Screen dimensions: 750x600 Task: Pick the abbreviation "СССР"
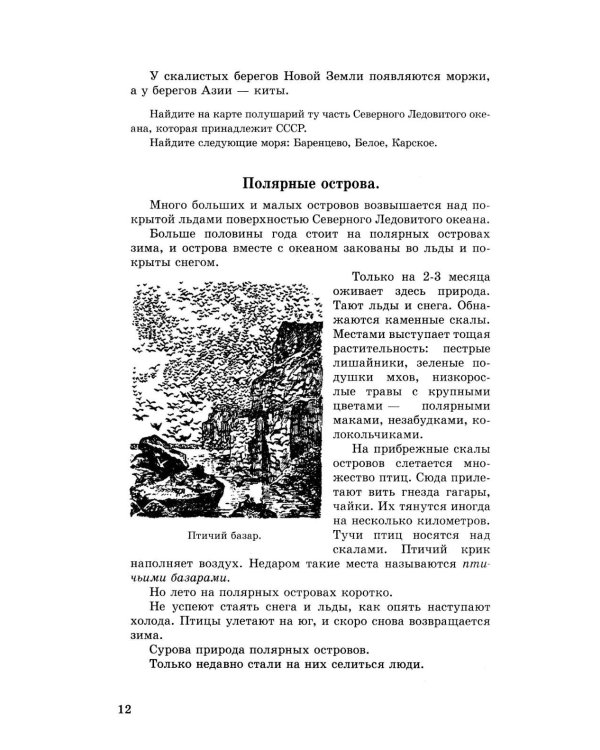point(283,128)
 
